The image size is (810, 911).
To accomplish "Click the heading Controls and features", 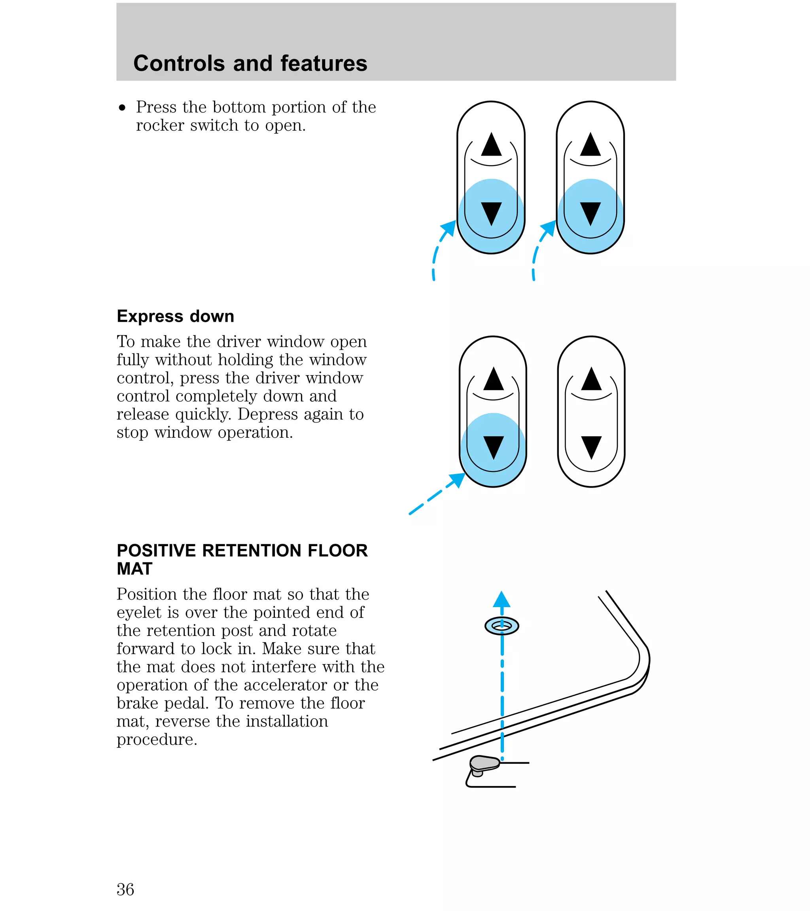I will point(250,63).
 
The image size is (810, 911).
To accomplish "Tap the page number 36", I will point(125,889).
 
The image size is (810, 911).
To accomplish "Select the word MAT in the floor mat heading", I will point(134,569).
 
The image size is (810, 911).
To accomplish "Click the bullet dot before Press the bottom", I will point(123,108).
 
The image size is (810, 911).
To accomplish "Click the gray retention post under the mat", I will point(484,763).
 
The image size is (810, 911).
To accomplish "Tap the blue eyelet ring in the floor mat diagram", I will point(502,626).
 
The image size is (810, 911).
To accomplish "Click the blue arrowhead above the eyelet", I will point(502,599).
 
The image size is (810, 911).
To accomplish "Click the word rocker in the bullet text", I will point(160,126).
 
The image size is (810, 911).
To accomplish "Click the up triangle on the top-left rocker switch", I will point(492,144).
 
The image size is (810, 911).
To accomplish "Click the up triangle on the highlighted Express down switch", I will point(493,379).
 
